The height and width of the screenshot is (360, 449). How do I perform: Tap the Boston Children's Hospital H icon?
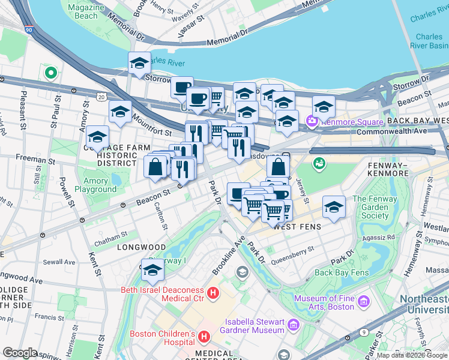(204, 337)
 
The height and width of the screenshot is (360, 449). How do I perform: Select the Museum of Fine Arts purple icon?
(363, 301)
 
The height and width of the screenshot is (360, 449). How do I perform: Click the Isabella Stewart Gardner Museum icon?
(294, 325)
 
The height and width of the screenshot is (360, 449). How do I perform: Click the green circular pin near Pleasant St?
(51, 74)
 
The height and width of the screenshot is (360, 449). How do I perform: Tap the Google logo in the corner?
(20, 353)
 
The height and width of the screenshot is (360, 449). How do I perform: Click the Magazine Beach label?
(83, 11)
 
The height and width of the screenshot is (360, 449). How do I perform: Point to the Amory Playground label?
(96, 185)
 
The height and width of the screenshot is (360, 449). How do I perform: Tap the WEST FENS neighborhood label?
(297, 227)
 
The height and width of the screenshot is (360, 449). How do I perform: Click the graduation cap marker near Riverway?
(152, 272)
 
